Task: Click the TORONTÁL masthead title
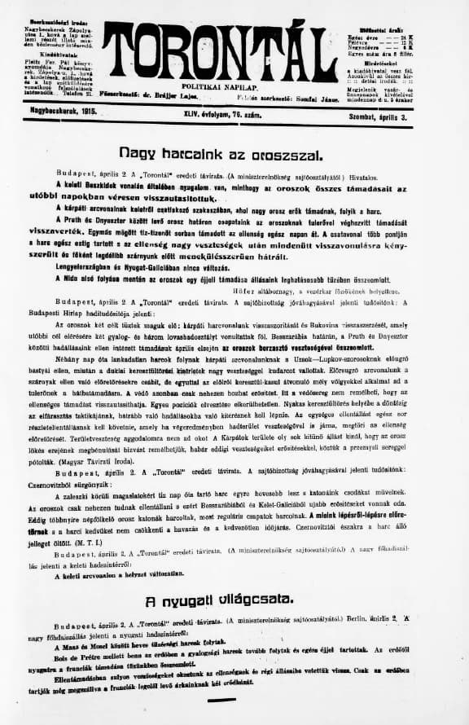tap(234, 49)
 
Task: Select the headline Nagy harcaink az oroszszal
tap(209, 152)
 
